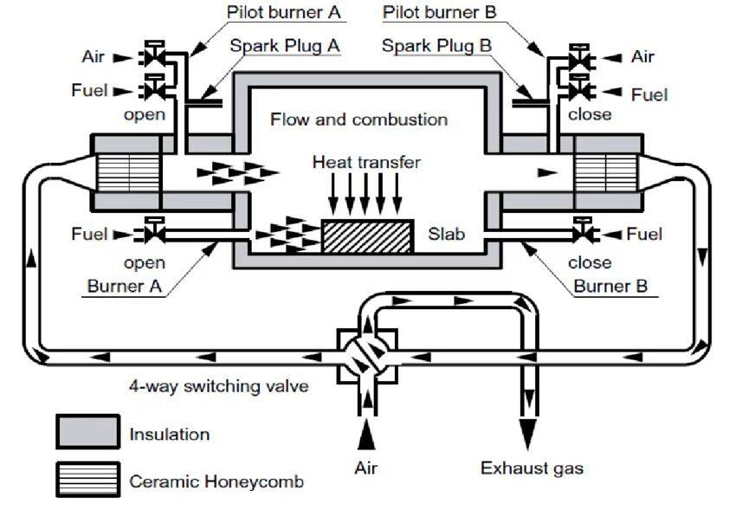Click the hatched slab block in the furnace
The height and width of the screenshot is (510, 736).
[x=366, y=236]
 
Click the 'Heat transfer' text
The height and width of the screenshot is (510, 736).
[x=366, y=162]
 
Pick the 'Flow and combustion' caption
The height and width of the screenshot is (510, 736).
[x=358, y=119]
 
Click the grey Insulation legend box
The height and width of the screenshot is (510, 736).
[x=87, y=431]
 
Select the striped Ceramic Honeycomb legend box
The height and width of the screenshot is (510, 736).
[x=87, y=480]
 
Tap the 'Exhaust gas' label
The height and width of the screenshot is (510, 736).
[x=532, y=468]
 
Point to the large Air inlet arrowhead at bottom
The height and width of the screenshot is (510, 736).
[x=367, y=431]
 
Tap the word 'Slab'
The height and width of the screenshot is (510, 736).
[x=446, y=234]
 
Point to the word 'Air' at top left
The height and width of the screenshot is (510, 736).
[x=94, y=56]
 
